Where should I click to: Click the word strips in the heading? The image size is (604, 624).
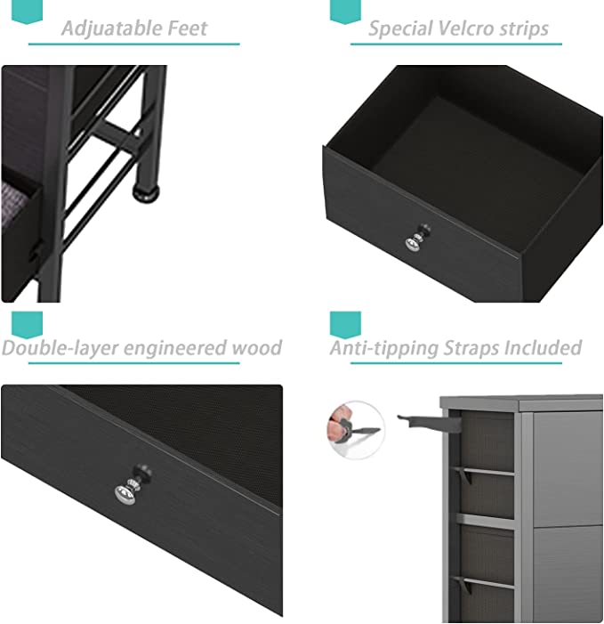(x=524, y=29)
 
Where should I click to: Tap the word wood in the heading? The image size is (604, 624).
(x=257, y=348)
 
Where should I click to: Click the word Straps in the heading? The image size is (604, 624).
(x=471, y=348)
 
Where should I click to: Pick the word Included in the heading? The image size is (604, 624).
(x=543, y=347)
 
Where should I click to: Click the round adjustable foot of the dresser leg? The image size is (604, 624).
(x=147, y=194)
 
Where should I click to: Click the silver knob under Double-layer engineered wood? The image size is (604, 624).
(x=132, y=484)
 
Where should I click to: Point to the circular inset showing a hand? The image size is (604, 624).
(x=356, y=430)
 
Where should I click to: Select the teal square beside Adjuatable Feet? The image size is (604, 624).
(x=27, y=12)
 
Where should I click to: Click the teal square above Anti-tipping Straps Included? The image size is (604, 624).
(x=345, y=324)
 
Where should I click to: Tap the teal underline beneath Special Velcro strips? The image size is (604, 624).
(x=456, y=44)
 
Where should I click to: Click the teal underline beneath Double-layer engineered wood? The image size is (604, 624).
(x=134, y=362)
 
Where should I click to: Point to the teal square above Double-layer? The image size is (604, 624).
(x=27, y=325)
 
